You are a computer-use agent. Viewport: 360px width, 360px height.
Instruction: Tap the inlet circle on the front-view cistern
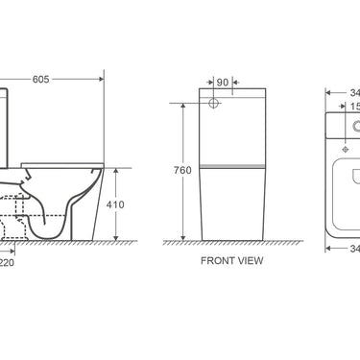click(x=212, y=104)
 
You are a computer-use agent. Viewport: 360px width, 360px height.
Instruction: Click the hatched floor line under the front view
click(x=232, y=244)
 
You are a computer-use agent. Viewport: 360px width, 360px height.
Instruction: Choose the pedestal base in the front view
click(x=232, y=206)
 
